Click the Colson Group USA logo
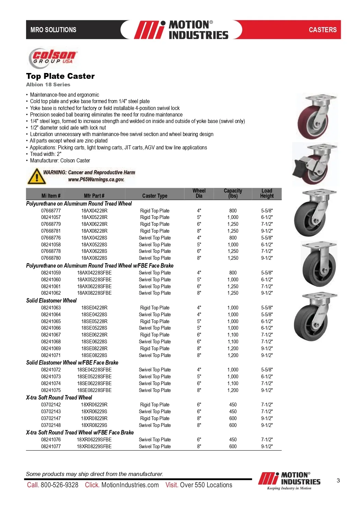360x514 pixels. pyautogui.click(x=53, y=57)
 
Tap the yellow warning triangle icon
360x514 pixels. pyautogui.click(x=35, y=176)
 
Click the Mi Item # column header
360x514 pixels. pyautogui.click(x=51, y=196)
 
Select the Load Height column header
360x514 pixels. pyautogui.click(x=267, y=194)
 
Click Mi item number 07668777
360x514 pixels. pyautogui.click(x=51, y=211)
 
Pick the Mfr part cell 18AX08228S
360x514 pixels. pyautogui.click(x=94, y=258)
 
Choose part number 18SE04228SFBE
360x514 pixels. pyautogui.click(x=94, y=370)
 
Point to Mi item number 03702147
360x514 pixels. pyautogui.click(x=51, y=418)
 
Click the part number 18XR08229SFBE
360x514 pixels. pyautogui.click(x=94, y=446)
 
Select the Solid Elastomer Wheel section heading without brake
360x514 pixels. pyautogui.click(x=51, y=301)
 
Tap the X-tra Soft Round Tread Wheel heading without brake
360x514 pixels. pyautogui.click(x=59, y=397)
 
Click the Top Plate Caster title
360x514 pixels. pyautogui.click(x=60, y=76)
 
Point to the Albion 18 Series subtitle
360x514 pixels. pyautogui.click(x=48, y=85)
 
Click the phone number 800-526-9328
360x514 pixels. pyautogui.click(x=59, y=485)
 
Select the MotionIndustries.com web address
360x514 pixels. pyautogui.click(x=130, y=485)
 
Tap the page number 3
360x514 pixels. pyautogui.click(x=338, y=480)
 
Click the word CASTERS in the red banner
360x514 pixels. pyautogui.click(x=323, y=30)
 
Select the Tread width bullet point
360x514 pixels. pyautogui.click(x=46, y=154)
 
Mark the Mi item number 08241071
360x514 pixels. pyautogui.click(x=51, y=355)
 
